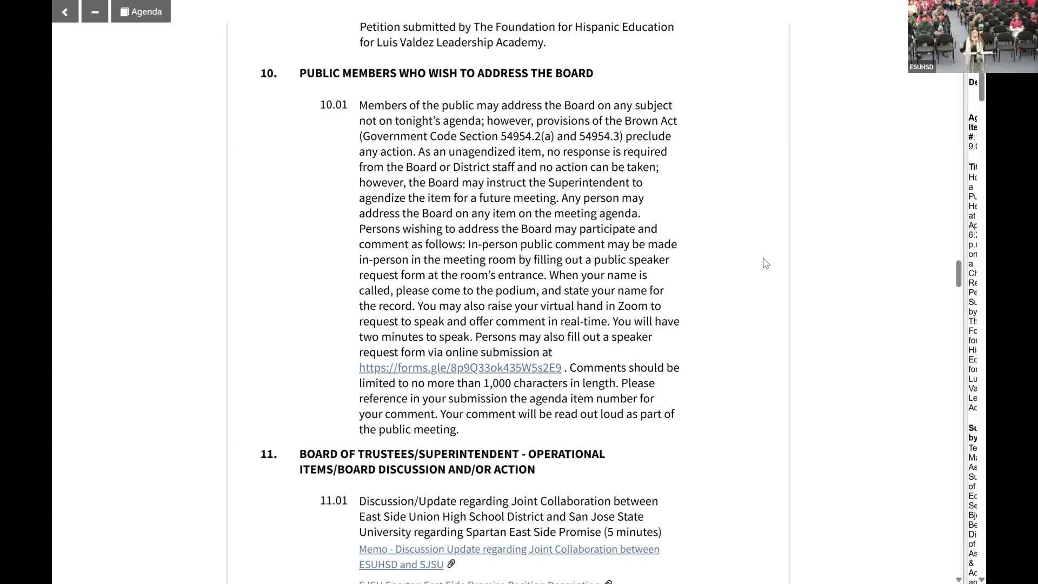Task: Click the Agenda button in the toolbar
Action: click(x=141, y=11)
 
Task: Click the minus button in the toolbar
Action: click(x=95, y=11)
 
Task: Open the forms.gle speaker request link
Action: click(x=460, y=368)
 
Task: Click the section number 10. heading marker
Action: click(x=268, y=73)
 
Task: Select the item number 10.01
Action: click(x=333, y=105)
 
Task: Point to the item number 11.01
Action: click(x=333, y=501)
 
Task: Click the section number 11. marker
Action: click(x=268, y=454)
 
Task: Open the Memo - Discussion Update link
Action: click(x=509, y=549)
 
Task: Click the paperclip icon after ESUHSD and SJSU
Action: click(x=451, y=564)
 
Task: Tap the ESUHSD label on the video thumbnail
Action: click(x=921, y=67)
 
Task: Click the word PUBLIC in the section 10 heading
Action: click(x=320, y=73)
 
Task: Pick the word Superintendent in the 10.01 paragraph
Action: click(x=595, y=183)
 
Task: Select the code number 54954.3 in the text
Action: click(x=600, y=136)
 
